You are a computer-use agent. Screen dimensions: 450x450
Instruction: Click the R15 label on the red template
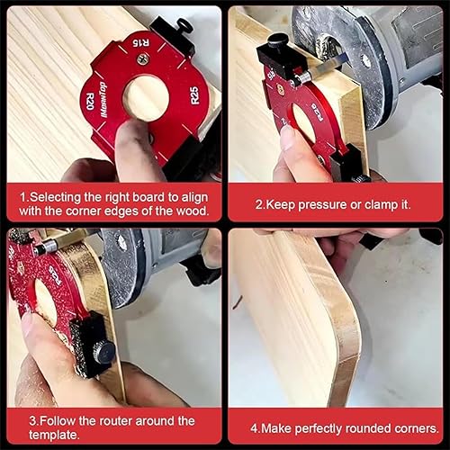pyautogui.click(x=141, y=43)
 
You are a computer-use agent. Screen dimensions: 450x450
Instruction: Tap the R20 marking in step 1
pyautogui.click(x=90, y=102)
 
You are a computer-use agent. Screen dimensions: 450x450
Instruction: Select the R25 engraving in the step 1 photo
pyautogui.click(x=195, y=95)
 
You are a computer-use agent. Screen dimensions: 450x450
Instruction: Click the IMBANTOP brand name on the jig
pyautogui.click(x=103, y=100)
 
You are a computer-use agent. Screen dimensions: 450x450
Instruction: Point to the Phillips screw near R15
pyautogui.click(x=143, y=58)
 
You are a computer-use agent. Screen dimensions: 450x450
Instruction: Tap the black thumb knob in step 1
pyautogui.click(x=183, y=25)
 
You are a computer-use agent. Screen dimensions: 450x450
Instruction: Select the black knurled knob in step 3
pyautogui.click(x=103, y=352)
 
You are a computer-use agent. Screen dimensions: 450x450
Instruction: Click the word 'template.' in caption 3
pyautogui.click(x=54, y=435)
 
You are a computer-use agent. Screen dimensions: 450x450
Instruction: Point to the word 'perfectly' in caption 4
pyautogui.click(x=318, y=429)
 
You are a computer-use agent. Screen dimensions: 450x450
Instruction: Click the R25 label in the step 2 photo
pyautogui.click(x=317, y=112)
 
